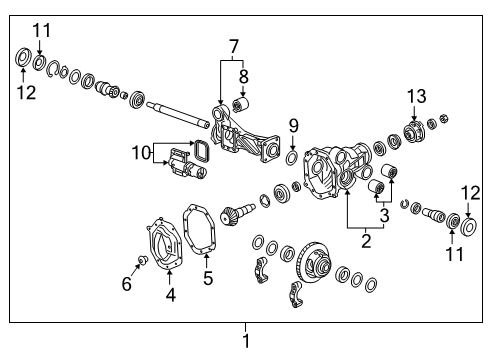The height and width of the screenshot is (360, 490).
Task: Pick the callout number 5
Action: coord(207,279)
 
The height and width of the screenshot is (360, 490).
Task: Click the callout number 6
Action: coord(127,284)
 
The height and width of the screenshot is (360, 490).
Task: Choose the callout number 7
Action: coord(233,46)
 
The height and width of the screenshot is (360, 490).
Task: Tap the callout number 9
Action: coord(293,125)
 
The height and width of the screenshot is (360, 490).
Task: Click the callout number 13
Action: coord(416,95)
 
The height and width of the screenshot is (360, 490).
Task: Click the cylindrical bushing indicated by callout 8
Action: coord(239,104)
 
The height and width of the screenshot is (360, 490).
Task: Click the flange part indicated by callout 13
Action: coord(413,130)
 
